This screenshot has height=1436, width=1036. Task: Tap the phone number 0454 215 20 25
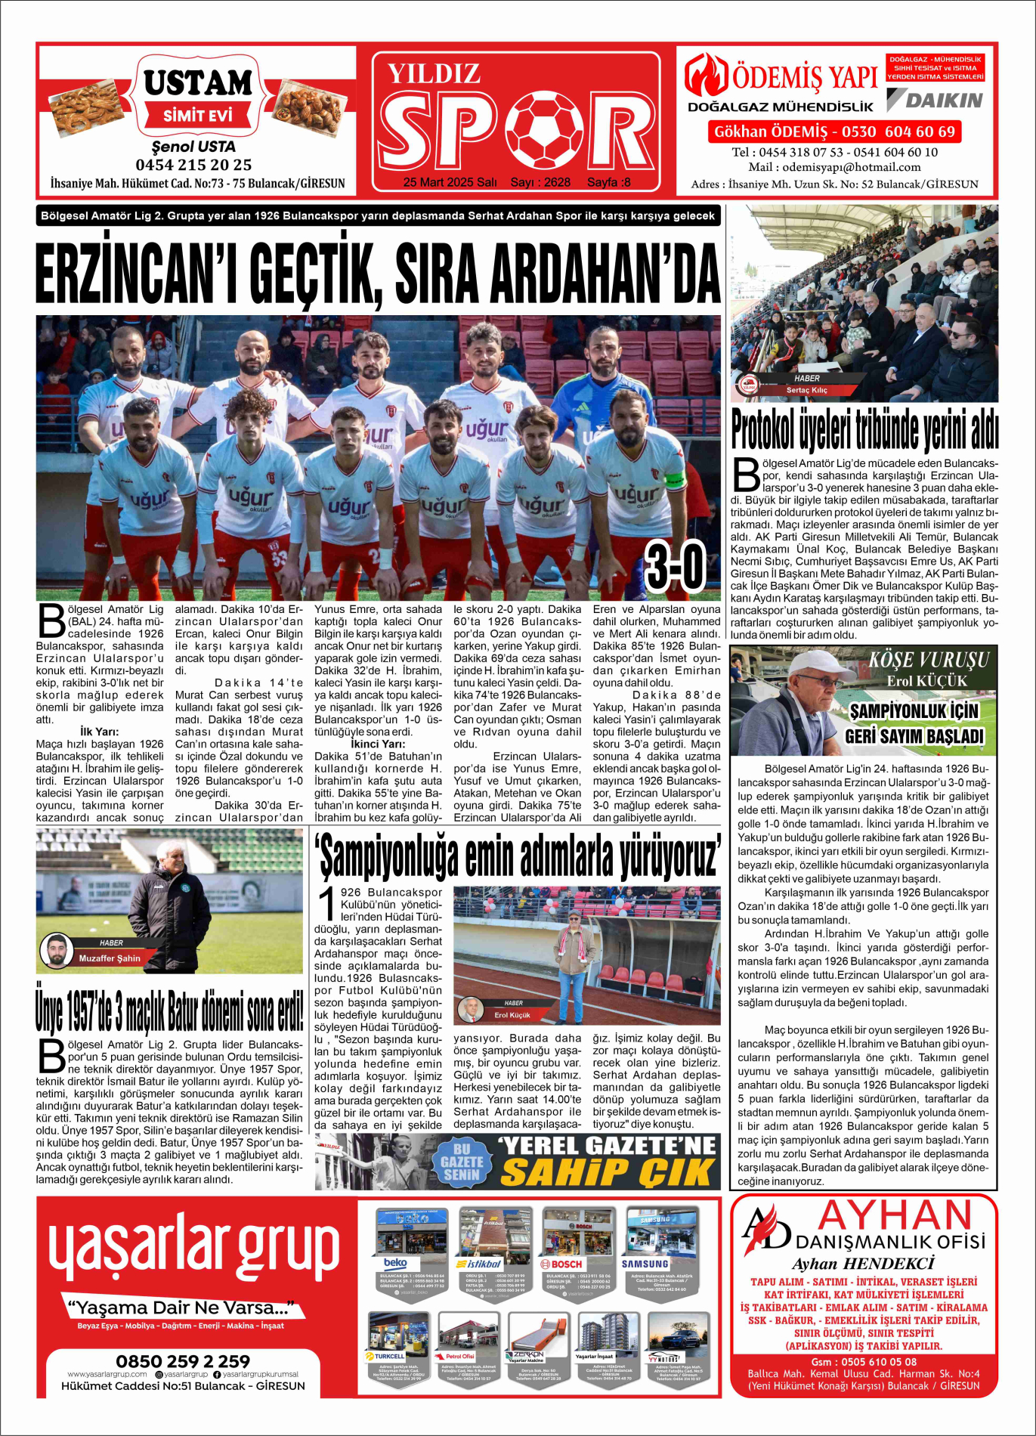pos(193,165)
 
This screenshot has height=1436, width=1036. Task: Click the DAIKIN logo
pos(935,101)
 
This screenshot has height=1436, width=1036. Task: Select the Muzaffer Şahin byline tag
pos(110,958)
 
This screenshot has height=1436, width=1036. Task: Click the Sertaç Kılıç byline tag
pos(806,390)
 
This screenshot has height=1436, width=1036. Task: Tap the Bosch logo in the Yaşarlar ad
pos(561,1264)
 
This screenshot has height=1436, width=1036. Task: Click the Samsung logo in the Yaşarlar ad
pos(645,1264)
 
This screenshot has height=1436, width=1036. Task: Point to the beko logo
pos(395,1263)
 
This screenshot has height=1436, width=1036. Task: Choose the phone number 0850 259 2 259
pos(183,1361)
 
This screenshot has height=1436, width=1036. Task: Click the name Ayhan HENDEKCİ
pos(863,1264)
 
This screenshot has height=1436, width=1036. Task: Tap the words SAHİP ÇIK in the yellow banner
pos(607,1172)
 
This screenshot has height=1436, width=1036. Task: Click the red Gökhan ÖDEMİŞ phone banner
pos(835,132)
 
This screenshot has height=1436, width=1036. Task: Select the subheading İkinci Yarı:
pos(377,744)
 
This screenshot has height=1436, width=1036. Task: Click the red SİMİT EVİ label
pos(197,116)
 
